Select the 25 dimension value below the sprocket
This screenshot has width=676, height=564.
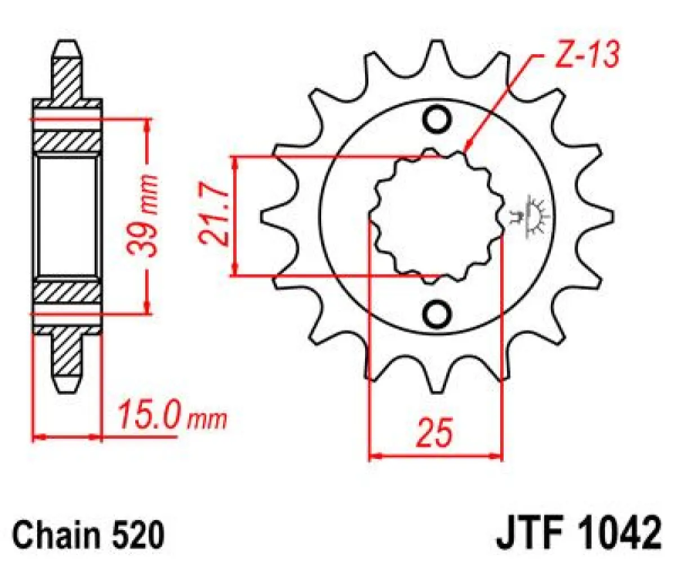point(435,433)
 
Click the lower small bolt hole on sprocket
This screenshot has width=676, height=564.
point(437,314)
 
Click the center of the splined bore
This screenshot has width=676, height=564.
point(435,217)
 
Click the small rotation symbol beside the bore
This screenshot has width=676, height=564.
point(532,217)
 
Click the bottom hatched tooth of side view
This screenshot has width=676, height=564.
point(68,361)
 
